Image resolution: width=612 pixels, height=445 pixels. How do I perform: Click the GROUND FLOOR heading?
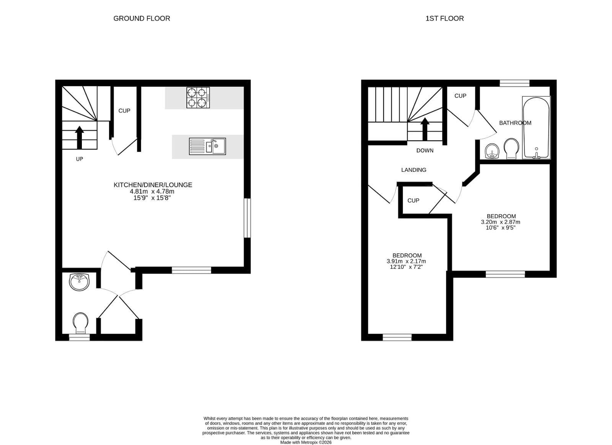[142, 18]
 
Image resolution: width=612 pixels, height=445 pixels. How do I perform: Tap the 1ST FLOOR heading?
[444, 18]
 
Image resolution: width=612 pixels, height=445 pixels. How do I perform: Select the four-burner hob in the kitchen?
[198, 98]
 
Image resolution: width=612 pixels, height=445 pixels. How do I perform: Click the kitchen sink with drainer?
[207, 147]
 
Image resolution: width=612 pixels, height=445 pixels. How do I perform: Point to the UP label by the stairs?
[80, 159]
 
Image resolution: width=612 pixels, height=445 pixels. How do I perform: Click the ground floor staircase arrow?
[80, 137]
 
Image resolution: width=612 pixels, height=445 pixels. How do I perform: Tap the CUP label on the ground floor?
[124, 111]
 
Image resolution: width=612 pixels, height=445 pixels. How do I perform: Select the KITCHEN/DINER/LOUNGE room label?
[153, 185]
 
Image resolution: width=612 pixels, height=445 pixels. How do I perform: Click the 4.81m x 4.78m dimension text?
[152, 191]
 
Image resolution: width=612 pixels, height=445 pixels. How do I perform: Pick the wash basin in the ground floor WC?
[79, 282]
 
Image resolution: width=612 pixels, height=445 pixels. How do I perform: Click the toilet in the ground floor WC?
[81, 323]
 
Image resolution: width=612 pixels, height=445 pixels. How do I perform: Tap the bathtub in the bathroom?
[536, 127]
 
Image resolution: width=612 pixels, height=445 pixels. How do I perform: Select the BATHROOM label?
[515, 123]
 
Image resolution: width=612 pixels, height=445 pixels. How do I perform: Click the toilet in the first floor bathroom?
[511, 149]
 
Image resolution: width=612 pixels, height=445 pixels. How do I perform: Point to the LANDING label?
[413, 170]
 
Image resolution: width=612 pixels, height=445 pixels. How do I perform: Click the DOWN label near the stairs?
[425, 151]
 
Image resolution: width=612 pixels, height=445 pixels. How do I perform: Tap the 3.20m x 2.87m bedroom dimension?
[501, 222]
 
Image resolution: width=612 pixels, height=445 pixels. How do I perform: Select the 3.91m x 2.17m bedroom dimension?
[406, 261]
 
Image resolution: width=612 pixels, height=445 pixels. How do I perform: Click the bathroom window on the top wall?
[515, 83]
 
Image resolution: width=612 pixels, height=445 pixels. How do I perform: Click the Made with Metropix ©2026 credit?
[306, 442]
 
